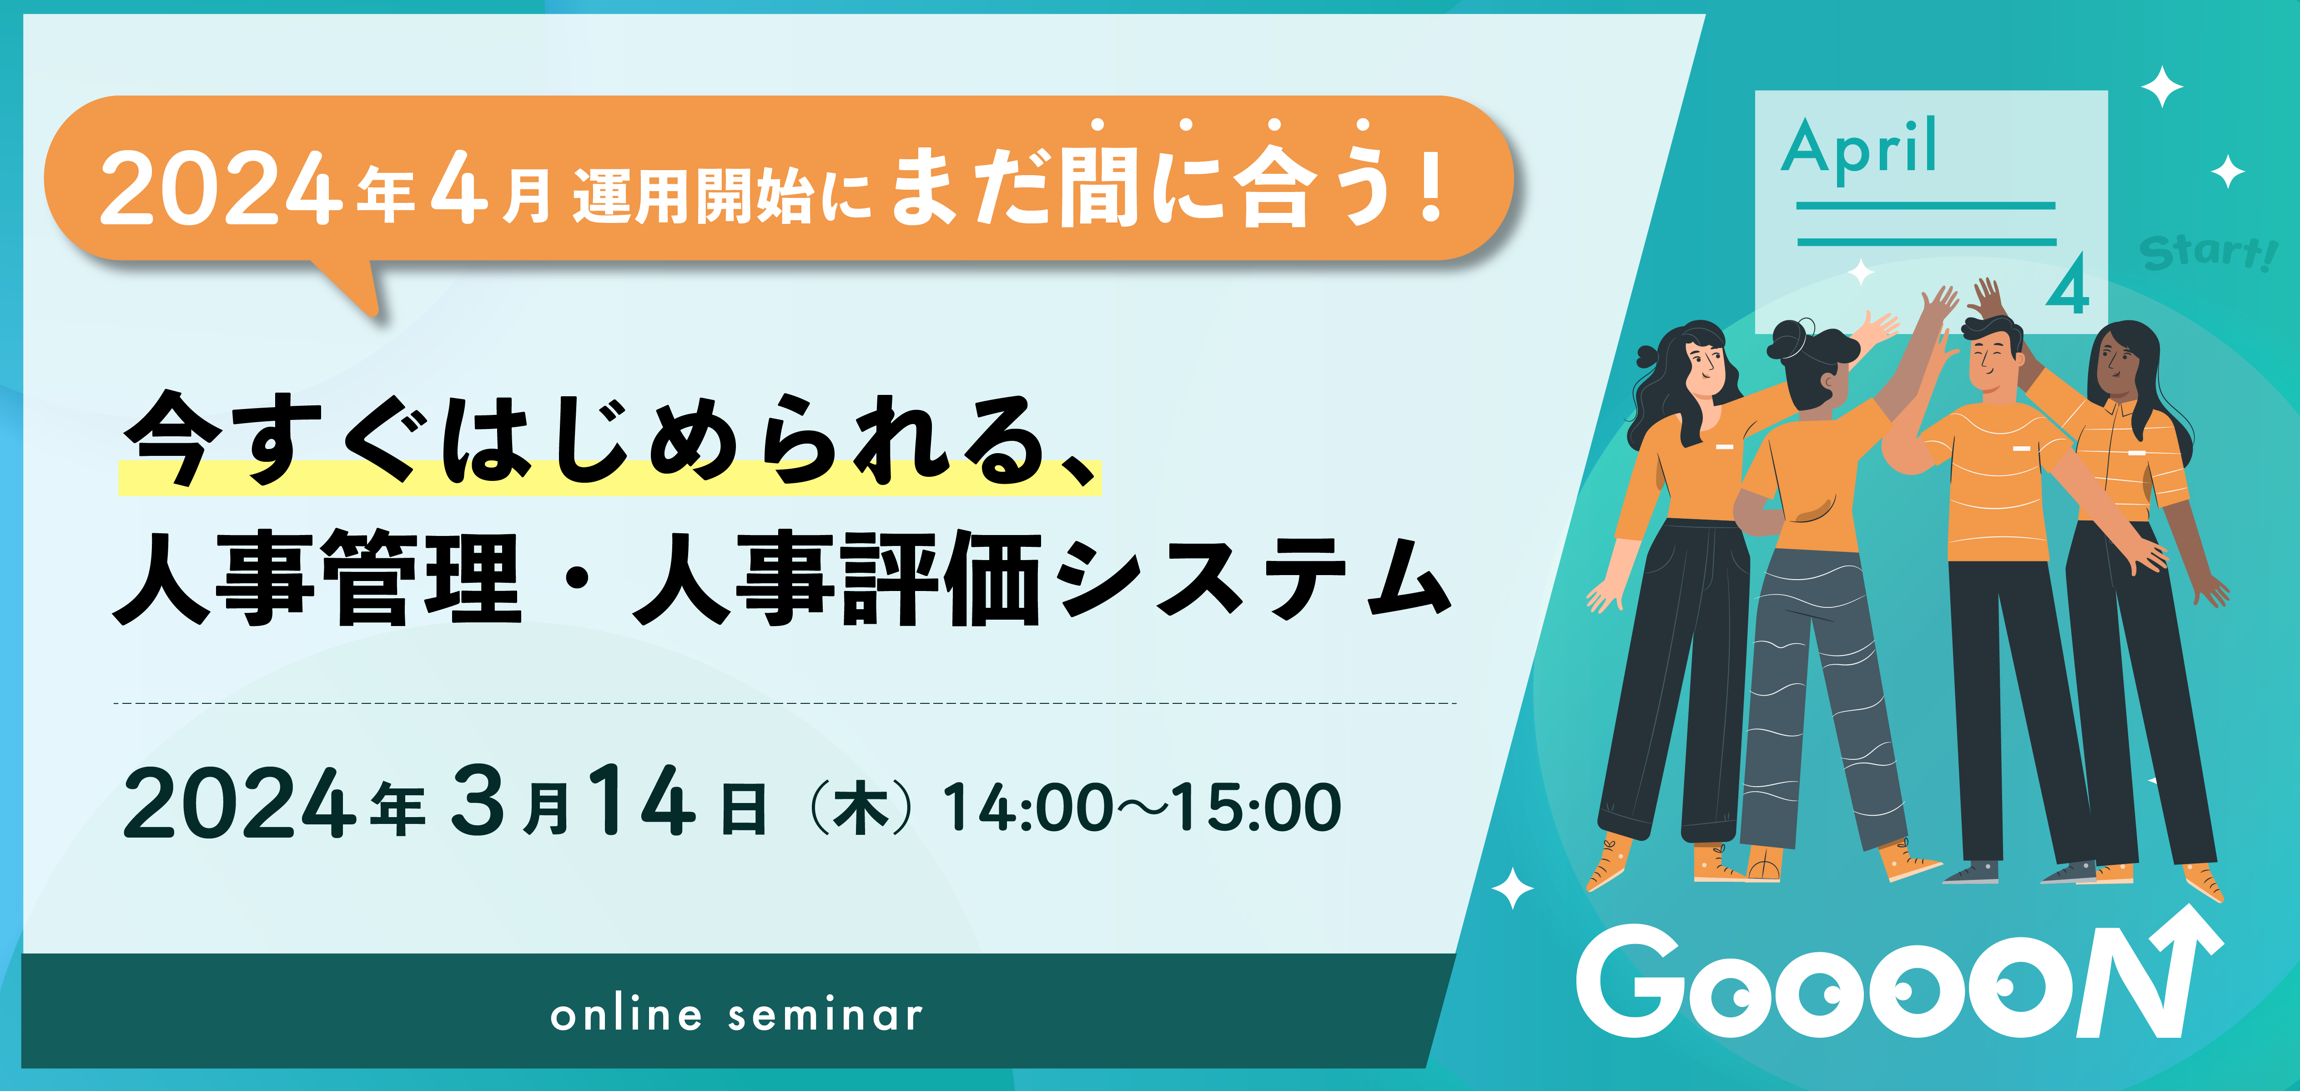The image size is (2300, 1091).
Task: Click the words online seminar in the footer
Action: click(x=737, y=1015)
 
